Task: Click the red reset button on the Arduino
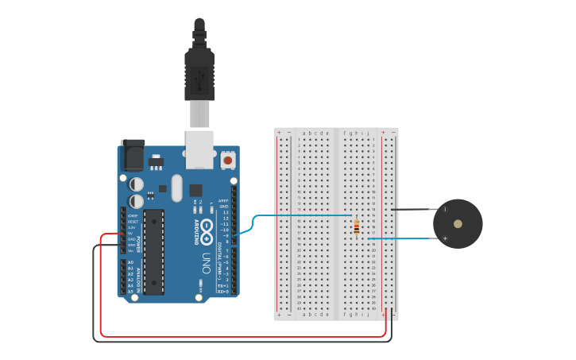point(228,160)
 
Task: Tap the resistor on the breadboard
point(357,226)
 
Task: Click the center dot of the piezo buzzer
point(458,224)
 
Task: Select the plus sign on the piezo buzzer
point(445,238)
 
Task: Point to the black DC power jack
point(132,156)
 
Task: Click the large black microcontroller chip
point(153,251)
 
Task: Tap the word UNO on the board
point(206,263)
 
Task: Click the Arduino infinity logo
point(206,231)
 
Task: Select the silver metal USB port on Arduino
point(199,149)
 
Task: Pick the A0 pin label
point(130,262)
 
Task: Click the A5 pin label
point(130,292)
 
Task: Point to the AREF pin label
point(224,201)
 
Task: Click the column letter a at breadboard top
point(304,133)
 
